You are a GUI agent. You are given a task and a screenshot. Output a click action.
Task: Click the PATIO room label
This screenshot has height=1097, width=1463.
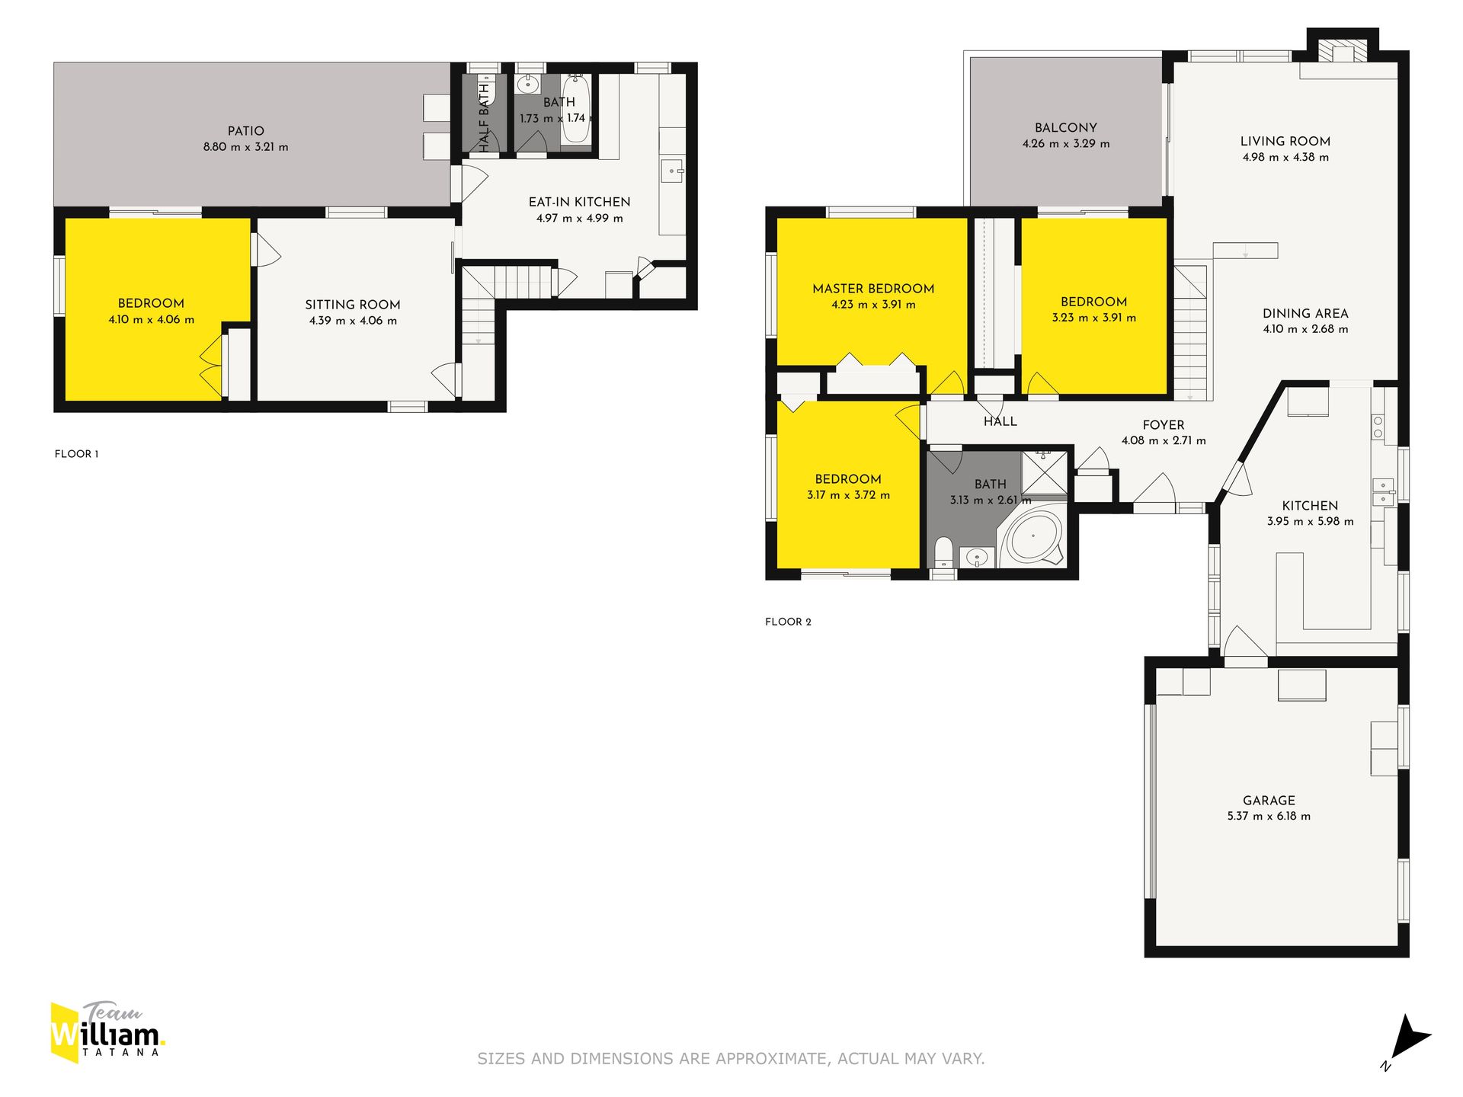[245, 131]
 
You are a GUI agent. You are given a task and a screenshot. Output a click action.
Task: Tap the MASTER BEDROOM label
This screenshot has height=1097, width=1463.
[873, 289]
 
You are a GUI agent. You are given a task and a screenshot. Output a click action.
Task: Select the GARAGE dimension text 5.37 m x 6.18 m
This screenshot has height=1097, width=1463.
[1269, 816]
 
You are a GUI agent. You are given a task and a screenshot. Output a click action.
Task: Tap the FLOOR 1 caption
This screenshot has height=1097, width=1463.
[76, 454]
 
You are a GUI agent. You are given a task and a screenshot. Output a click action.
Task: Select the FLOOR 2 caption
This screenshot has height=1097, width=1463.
[788, 622]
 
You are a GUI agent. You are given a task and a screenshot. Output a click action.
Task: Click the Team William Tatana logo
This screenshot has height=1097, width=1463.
[107, 1032]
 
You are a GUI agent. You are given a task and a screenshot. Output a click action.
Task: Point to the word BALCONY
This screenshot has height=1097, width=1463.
[1066, 128]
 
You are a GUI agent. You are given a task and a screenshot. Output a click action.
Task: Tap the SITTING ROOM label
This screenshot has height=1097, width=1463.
[353, 305]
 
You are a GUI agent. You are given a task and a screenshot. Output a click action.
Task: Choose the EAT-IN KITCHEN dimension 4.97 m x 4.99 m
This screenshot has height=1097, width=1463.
[580, 219]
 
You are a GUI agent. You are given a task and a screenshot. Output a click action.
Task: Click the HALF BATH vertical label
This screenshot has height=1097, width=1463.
[484, 118]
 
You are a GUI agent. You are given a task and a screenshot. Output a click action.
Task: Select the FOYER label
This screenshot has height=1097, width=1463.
[1164, 425]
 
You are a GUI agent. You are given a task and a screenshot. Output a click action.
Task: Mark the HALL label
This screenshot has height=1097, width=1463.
[1000, 421]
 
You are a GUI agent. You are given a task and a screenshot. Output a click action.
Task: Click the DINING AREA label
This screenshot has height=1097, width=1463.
[1305, 313]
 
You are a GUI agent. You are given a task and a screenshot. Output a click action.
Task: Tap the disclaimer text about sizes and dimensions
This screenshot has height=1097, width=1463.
[731, 1058]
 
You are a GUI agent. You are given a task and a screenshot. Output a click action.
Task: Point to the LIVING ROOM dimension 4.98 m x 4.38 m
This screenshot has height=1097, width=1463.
[1285, 158]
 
